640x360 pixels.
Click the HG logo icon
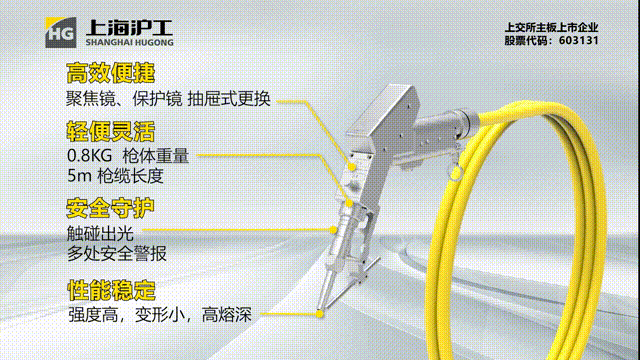pyautogui.click(x=60, y=33)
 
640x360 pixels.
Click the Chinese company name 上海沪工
pyautogui.click(x=129, y=28)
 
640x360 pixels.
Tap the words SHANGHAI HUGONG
pyautogui.click(x=129, y=42)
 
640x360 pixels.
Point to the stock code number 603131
pyautogui.click(x=578, y=40)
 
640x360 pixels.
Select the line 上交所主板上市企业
pyautogui.click(x=551, y=27)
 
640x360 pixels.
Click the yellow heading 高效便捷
pyautogui.click(x=111, y=73)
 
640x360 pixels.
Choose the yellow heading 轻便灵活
pyautogui.click(x=111, y=131)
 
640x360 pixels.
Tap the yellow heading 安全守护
pyautogui.click(x=110, y=208)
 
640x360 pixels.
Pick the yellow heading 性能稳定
pyautogui.click(x=111, y=290)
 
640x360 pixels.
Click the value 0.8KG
pyautogui.click(x=89, y=156)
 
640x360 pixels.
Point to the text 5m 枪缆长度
pyautogui.click(x=116, y=176)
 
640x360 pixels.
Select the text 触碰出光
pyautogui.click(x=100, y=234)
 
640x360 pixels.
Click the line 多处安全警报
pyautogui.click(x=117, y=253)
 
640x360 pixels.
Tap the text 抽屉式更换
pyautogui.click(x=229, y=99)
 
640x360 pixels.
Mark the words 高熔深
pyautogui.click(x=227, y=315)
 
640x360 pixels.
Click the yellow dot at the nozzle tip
pyautogui.click(x=320, y=313)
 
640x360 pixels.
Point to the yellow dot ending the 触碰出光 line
pyautogui.click(x=333, y=230)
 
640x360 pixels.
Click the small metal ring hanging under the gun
pyautogui.click(x=456, y=172)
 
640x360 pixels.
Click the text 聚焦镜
pyautogui.click(x=91, y=99)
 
